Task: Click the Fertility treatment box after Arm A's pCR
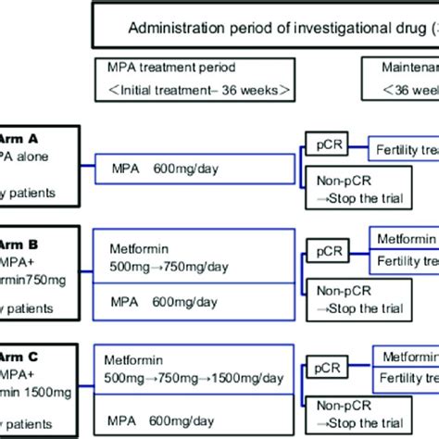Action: tap(404, 148)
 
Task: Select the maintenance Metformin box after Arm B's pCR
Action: tap(404, 237)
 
